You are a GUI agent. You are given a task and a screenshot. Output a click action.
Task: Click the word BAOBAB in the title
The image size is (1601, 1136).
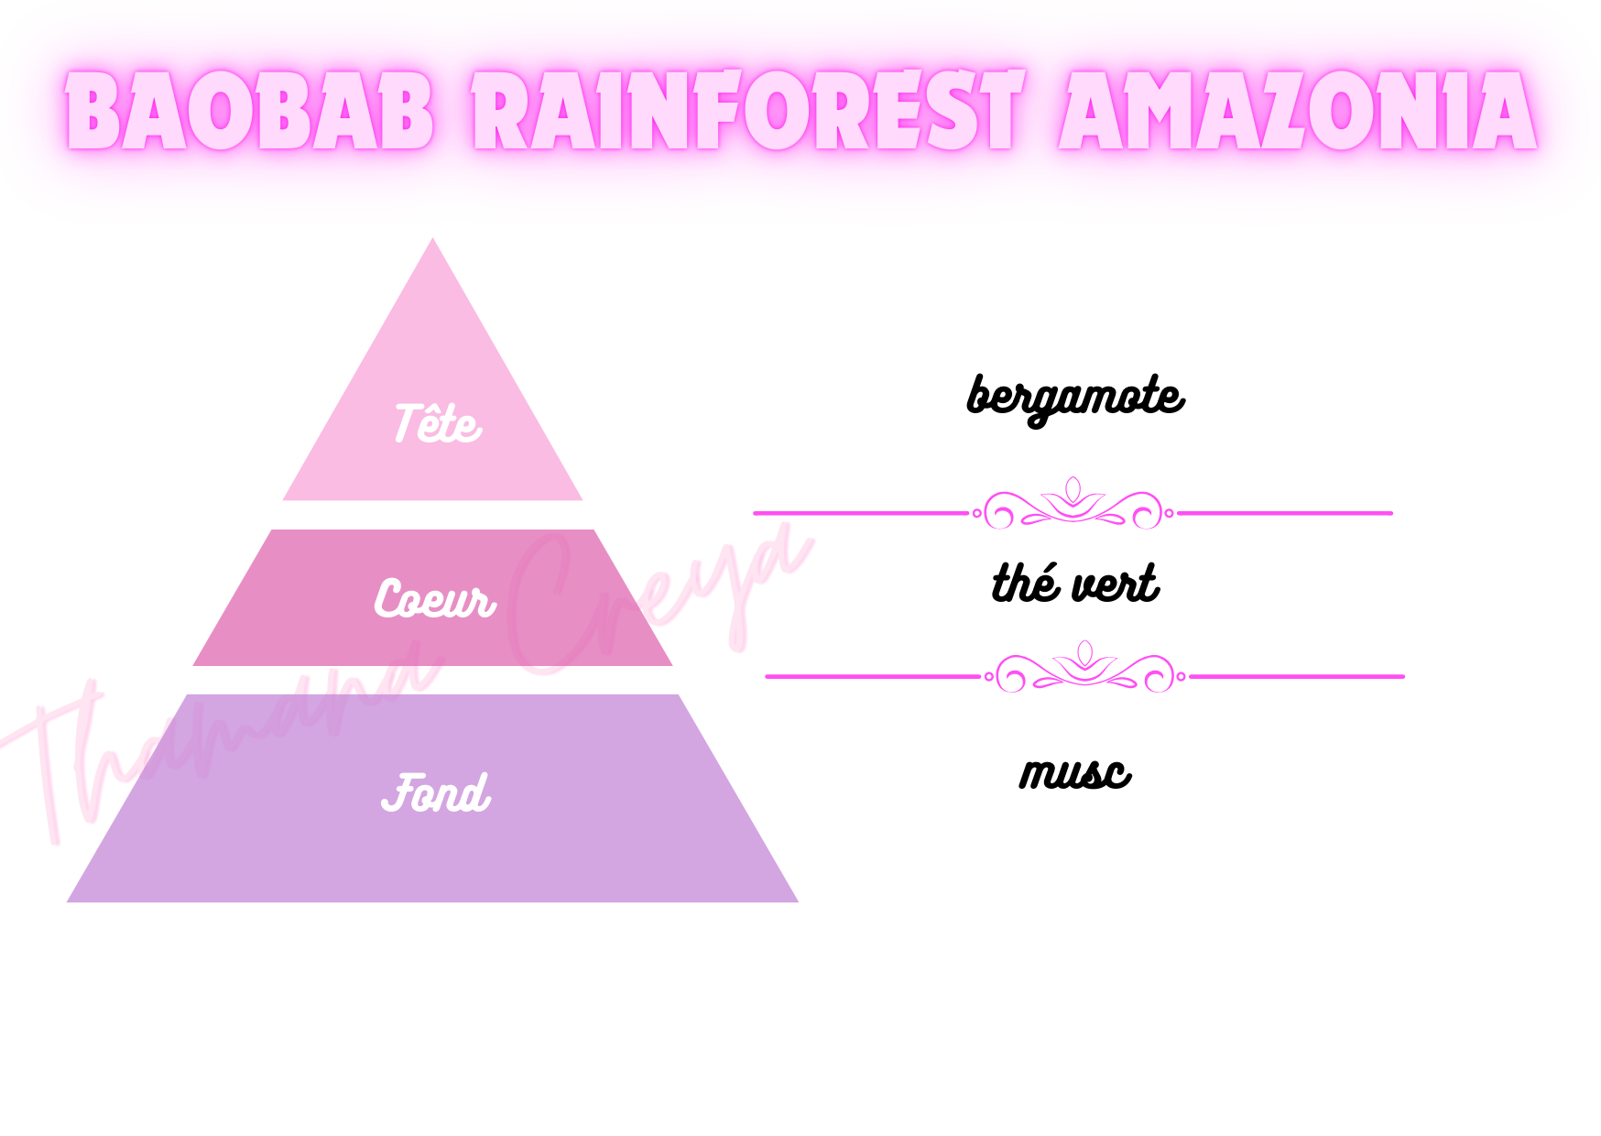point(249,112)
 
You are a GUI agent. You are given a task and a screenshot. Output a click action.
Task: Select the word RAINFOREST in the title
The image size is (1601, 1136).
point(746,112)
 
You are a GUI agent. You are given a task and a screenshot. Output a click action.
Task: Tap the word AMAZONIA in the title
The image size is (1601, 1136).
point(1298,112)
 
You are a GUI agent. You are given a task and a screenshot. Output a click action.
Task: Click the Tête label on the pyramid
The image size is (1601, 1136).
point(437,423)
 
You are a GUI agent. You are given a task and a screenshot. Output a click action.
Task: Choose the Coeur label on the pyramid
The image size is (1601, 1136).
point(434,599)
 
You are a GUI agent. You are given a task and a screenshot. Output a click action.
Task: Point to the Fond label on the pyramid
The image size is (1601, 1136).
point(436,793)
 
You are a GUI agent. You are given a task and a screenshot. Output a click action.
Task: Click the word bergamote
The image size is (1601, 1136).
point(1075,398)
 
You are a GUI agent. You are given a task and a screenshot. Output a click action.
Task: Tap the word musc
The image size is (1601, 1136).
point(1075,773)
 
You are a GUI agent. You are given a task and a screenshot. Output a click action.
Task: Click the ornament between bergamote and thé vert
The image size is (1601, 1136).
point(1073,506)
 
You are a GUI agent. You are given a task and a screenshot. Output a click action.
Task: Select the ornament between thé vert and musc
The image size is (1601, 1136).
point(1084,670)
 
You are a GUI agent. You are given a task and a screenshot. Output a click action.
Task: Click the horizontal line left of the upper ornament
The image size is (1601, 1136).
point(860,513)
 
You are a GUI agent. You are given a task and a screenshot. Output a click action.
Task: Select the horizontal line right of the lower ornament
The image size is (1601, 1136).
point(1297,676)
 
